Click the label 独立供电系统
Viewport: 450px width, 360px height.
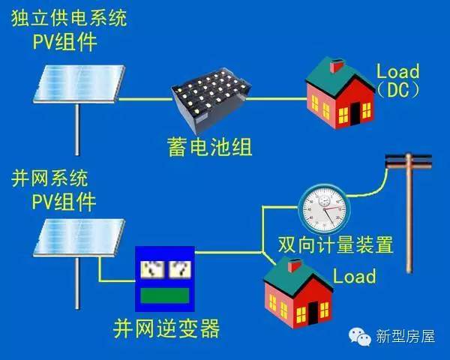(x=69, y=18)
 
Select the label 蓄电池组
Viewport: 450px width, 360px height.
(x=211, y=145)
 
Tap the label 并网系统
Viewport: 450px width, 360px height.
(x=50, y=178)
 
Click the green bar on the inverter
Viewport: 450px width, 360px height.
(x=163, y=295)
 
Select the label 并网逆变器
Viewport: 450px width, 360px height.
(x=166, y=328)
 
